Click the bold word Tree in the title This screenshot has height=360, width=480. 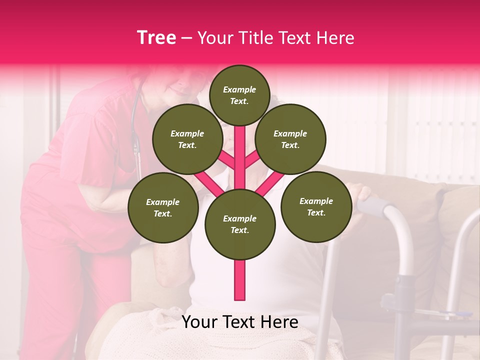[156, 38]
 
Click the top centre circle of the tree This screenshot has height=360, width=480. [239, 95]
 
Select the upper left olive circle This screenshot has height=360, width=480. [187, 139]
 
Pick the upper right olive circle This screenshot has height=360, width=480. [290, 139]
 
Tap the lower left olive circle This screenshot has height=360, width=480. [163, 207]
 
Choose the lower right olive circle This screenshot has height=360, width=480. [316, 206]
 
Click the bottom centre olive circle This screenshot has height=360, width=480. [240, 224]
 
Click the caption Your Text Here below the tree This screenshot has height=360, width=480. [240, 322]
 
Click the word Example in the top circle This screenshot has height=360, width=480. [239, 90]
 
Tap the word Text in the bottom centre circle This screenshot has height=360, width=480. [239, 230]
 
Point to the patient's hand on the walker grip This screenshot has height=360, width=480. [361, 192]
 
